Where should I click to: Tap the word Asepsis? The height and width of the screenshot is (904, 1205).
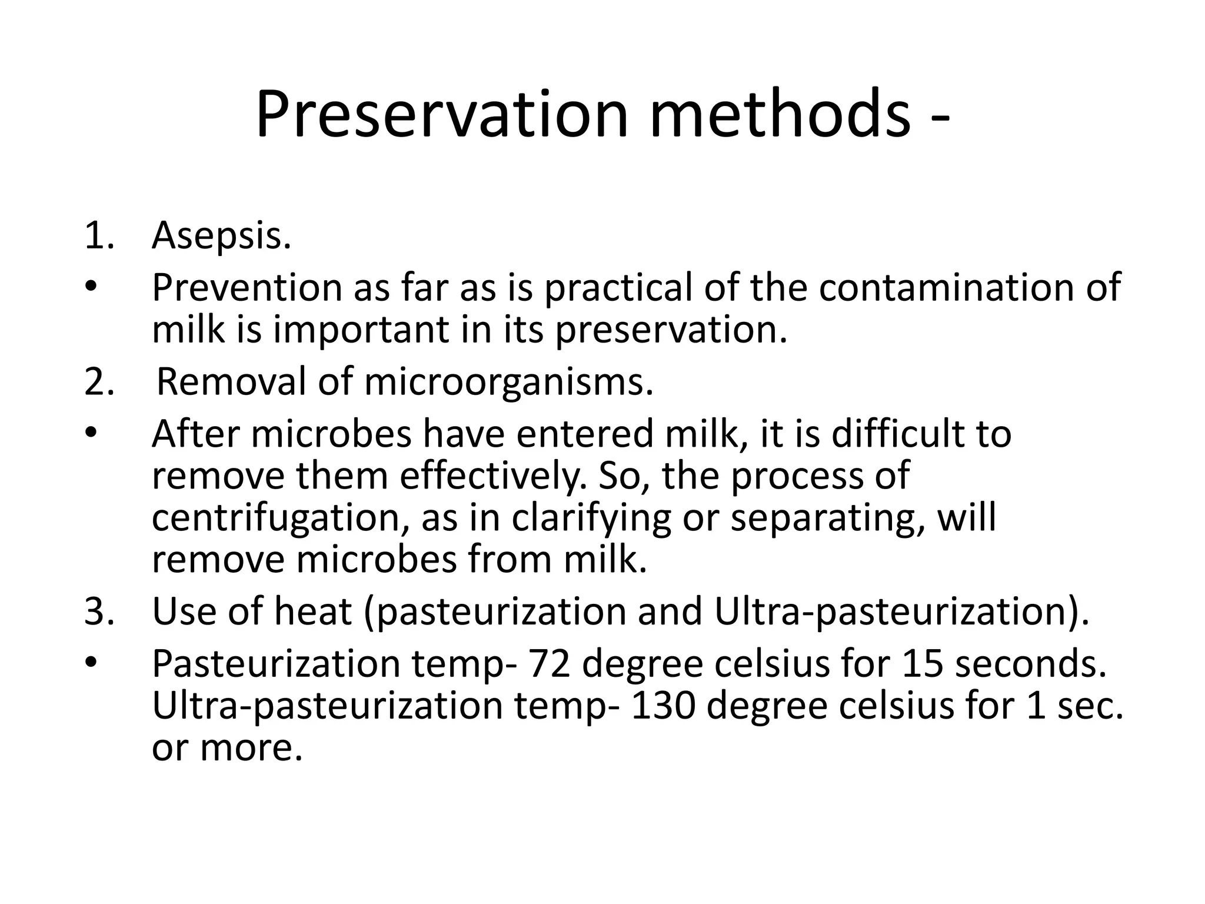[x=221, y=236]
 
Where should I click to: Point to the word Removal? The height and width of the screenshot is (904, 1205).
[x=231, y=382]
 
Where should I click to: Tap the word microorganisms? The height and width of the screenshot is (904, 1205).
[x=508, y=383]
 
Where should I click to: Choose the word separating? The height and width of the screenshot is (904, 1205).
[x=823, y=519]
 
